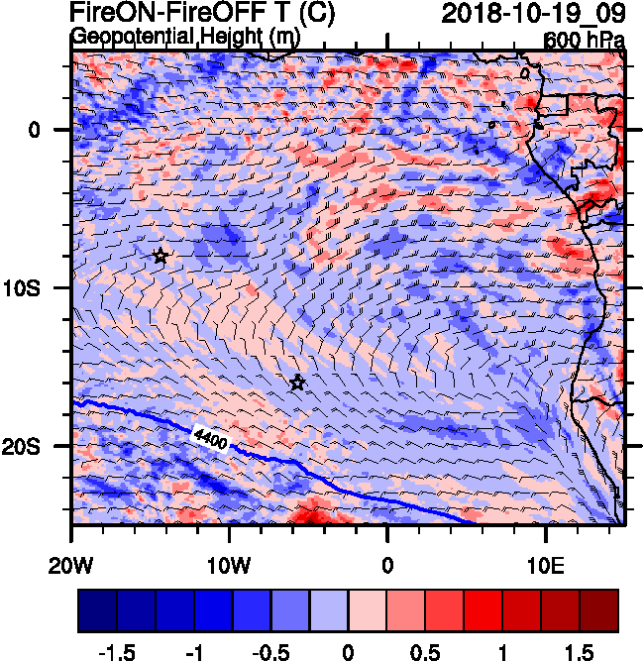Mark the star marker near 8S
(161, 256)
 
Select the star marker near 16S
(297, 383)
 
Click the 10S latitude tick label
(42, 287)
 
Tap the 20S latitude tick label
(42, 446)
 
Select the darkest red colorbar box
(599, 610)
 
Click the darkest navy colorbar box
(97, 610)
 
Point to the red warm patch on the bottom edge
(315, 513)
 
